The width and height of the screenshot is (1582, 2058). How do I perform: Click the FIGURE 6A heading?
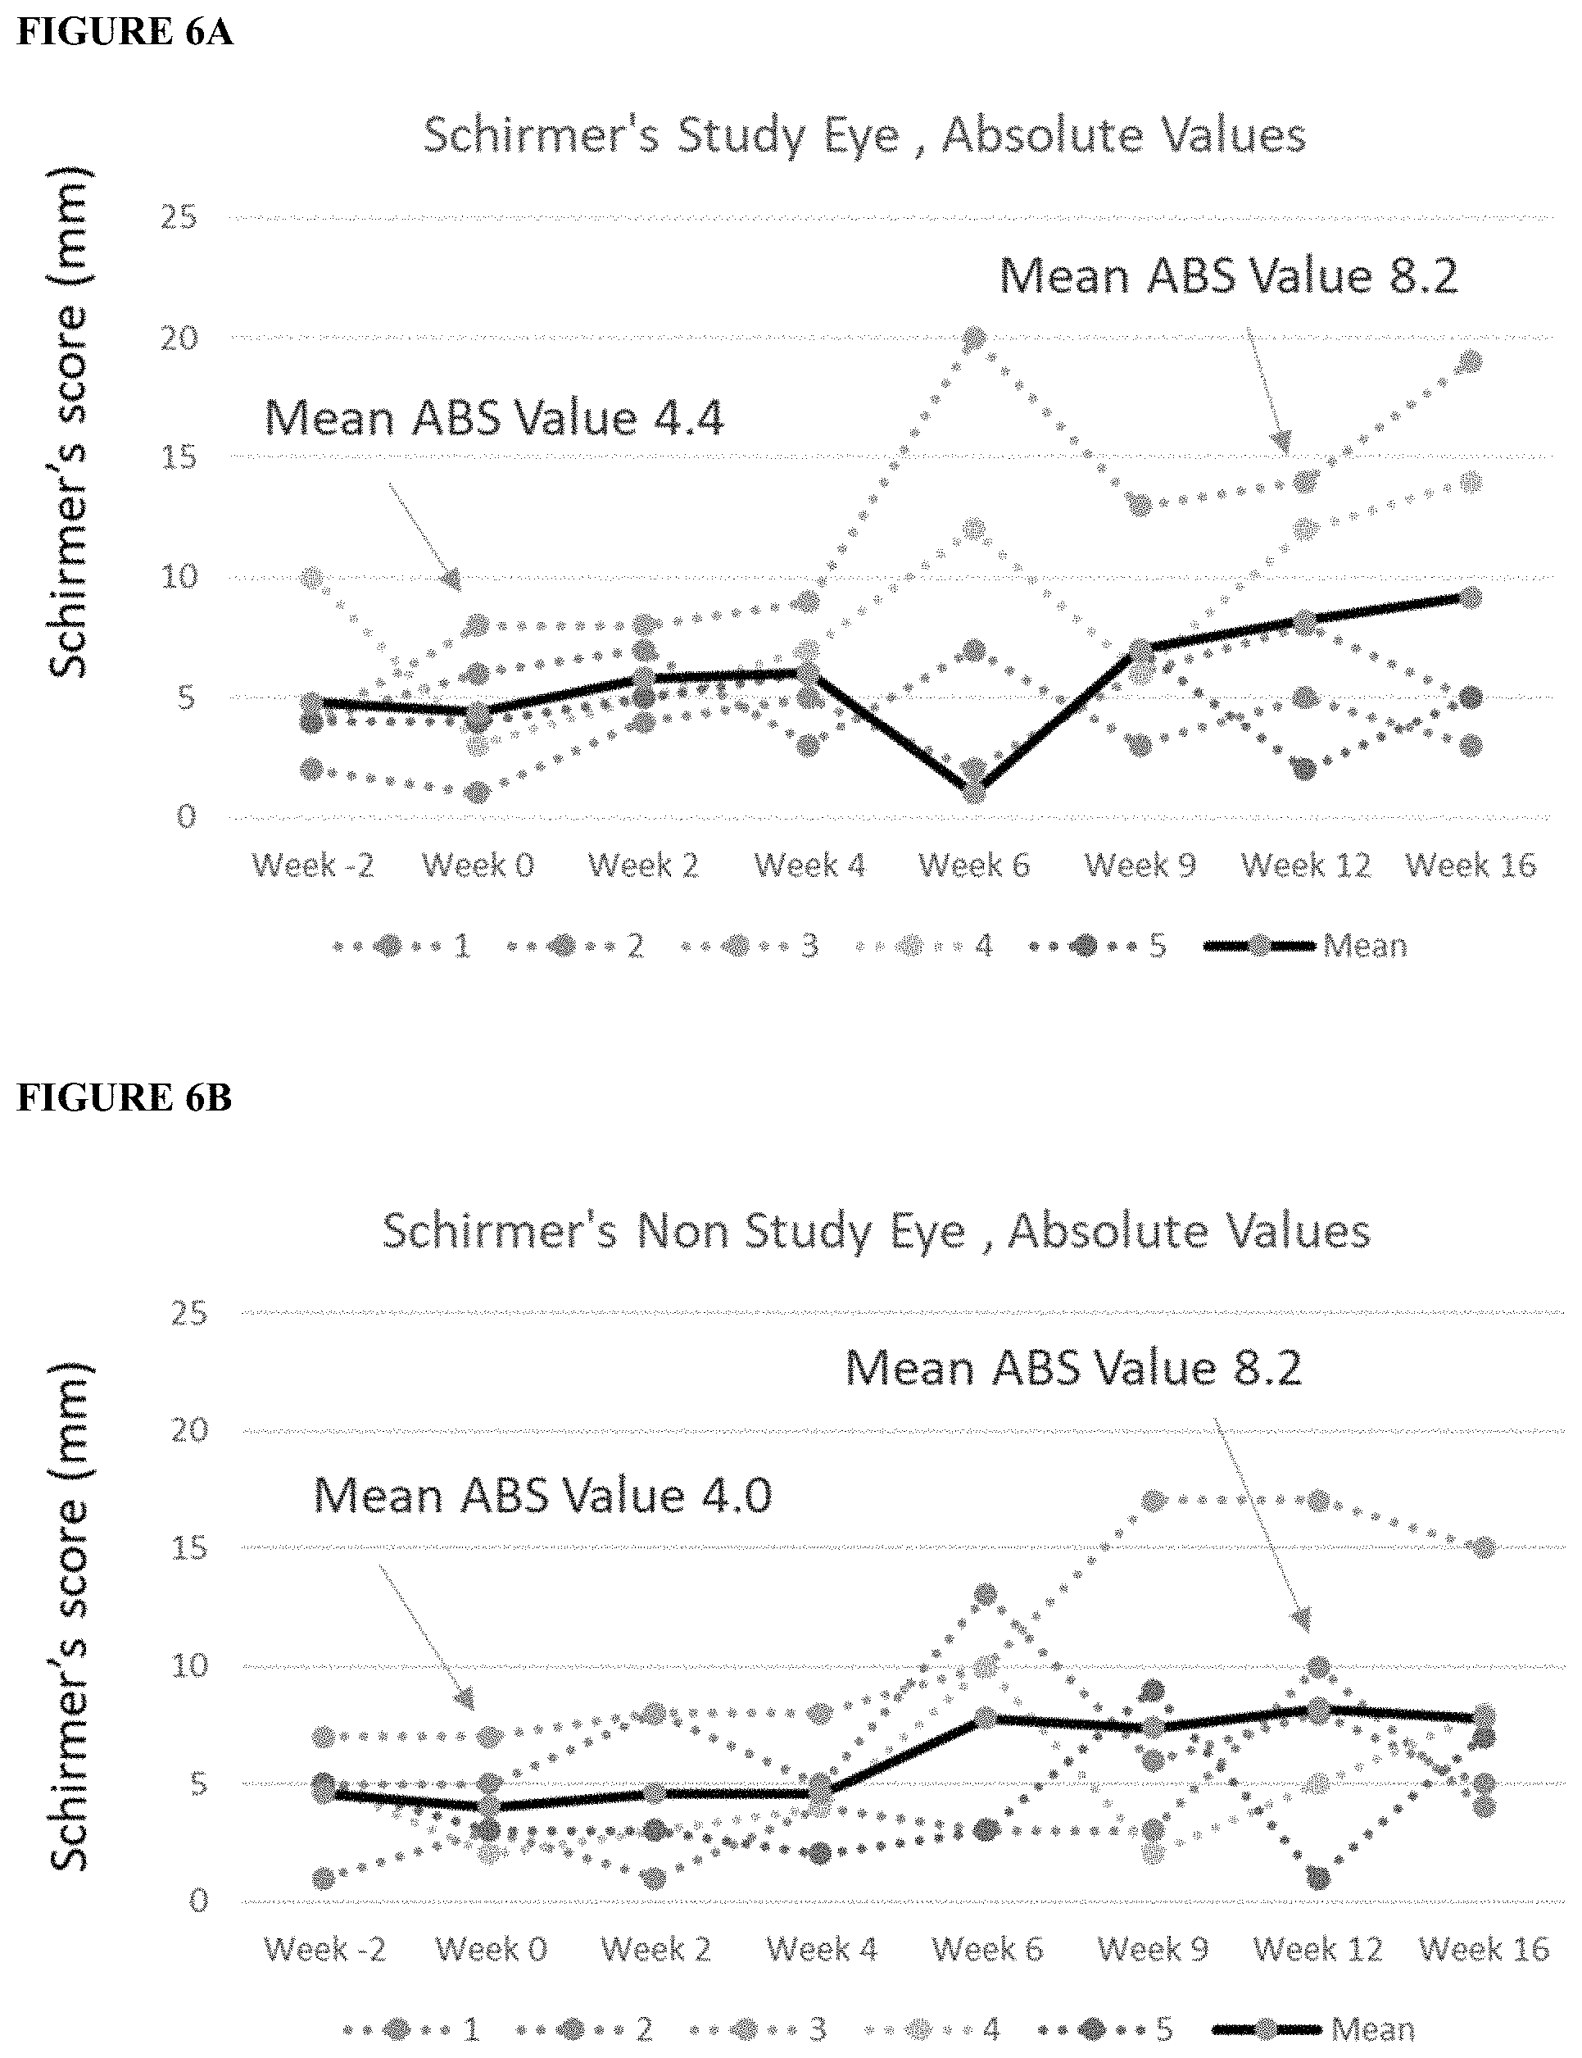[x=125, y=31]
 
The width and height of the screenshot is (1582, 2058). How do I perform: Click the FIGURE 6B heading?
[x=125, y=1097]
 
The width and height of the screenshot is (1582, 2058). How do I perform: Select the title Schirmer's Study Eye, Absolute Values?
[x=864, y=134]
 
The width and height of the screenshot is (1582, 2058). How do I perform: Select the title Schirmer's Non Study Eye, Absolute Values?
[x=877, y=1231]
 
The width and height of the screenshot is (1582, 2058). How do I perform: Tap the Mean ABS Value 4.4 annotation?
[x=494, y=417]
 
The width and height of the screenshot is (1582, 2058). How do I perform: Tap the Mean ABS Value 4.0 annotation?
[x=542, y=1495]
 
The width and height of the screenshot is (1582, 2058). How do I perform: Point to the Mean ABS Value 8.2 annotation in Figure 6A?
[x=1228, y=276]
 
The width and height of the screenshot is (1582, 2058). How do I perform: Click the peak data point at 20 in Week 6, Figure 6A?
[x=975, y=338]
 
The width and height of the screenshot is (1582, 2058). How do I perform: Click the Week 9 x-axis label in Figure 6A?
[x=1140, y=865]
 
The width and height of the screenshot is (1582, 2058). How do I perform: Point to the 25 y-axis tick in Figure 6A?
[x=178, y=217]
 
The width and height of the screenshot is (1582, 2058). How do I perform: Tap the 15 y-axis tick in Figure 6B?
[x=189, y=1547]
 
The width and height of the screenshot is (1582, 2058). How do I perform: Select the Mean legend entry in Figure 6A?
[x=1306, y=946]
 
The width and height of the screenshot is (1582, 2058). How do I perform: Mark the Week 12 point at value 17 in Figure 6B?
[x=1318, y=1501]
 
